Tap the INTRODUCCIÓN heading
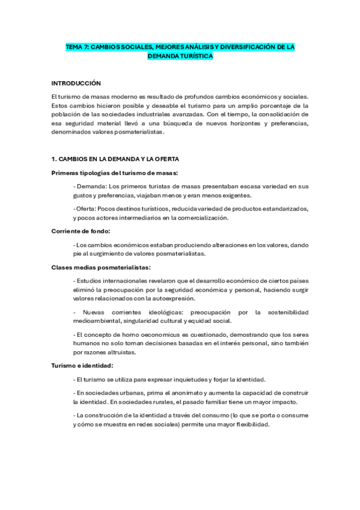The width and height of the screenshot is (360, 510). pyautogui.click(x=76, y=83)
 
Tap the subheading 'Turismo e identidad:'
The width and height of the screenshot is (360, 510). pyautogui.click(x=82, y=365)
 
